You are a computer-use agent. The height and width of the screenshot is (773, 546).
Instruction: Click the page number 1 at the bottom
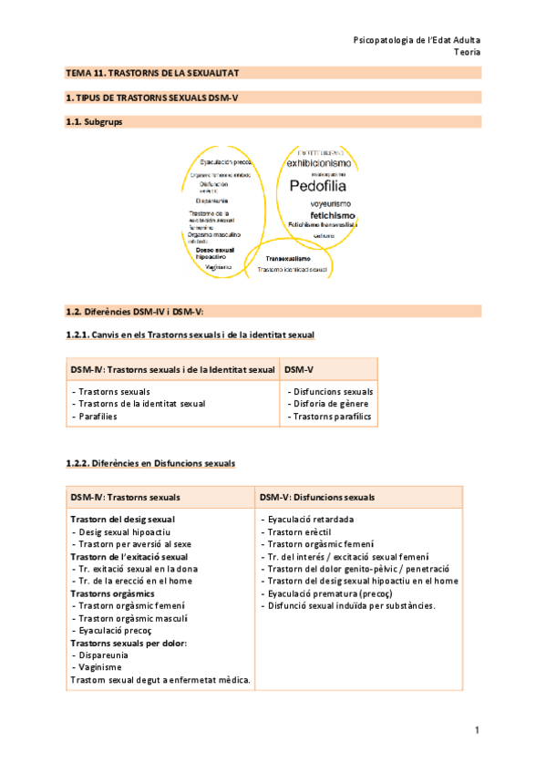pyautogui.click(x=477, y=730)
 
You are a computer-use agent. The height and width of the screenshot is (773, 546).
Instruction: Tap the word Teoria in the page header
pyautogui.click(x=468, y=52)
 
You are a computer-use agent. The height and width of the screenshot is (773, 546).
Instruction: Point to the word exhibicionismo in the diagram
pyautogui.click(x=316, y=164)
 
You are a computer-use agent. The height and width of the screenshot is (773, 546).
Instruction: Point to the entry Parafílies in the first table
pyautogui.click(x=96, y=417)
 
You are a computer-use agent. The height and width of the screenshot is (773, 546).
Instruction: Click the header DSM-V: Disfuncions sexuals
pyautogui.click(x=316, y=497)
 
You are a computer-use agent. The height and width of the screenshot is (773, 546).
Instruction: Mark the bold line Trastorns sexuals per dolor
pyautogui.click(x=129, y=643)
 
